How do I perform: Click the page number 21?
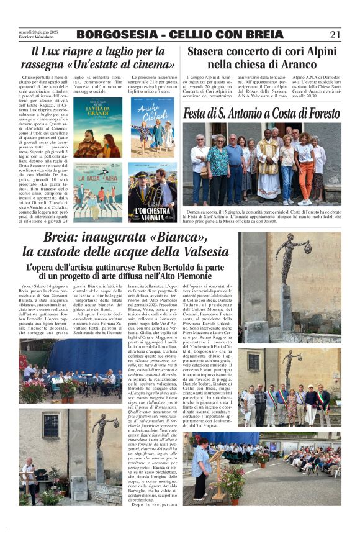[335, 34]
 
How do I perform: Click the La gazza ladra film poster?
[98, 191]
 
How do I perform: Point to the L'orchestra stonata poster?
[152, 191]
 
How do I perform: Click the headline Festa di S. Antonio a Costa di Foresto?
[261, 114]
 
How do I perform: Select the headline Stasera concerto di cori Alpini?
[261, 52]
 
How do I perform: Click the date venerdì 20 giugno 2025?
[38, 32]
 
